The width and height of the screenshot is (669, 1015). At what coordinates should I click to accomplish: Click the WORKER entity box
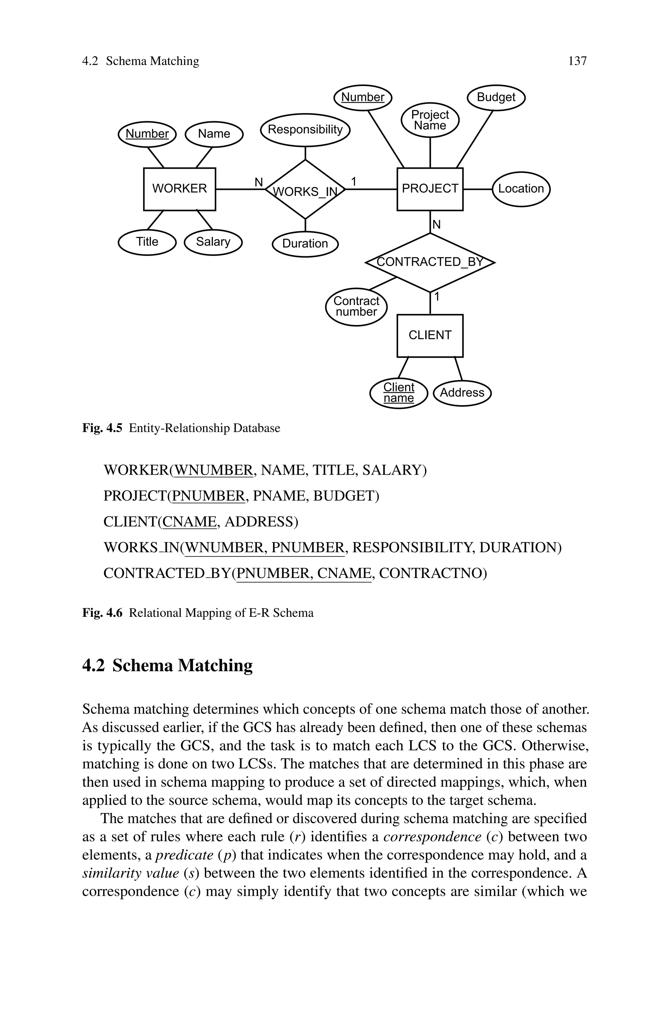[x=179, y=189]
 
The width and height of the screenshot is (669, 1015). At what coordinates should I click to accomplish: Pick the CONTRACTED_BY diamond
[x=430, y=262]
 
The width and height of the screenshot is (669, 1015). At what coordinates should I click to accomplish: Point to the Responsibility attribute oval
[x=305, y=130]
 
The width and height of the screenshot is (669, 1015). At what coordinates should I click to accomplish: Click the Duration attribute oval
[x=305, y=244]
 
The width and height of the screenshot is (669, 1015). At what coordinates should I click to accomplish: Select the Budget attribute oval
[x=496, y=97]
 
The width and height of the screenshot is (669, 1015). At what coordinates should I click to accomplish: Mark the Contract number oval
[x=356, y=307]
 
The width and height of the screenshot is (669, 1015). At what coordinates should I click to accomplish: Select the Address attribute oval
[x=462, y=393]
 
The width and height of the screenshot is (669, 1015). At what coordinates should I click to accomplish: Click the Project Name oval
[x=430, y=120]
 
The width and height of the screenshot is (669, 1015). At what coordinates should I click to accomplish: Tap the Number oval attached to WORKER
[x=147, y=134]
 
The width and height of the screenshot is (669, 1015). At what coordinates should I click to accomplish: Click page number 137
[x=577, y=61]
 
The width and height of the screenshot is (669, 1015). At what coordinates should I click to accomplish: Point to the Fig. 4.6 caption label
[x=102, y=613]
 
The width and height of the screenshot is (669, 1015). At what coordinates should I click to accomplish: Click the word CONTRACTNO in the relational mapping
[x=432, y=573]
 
